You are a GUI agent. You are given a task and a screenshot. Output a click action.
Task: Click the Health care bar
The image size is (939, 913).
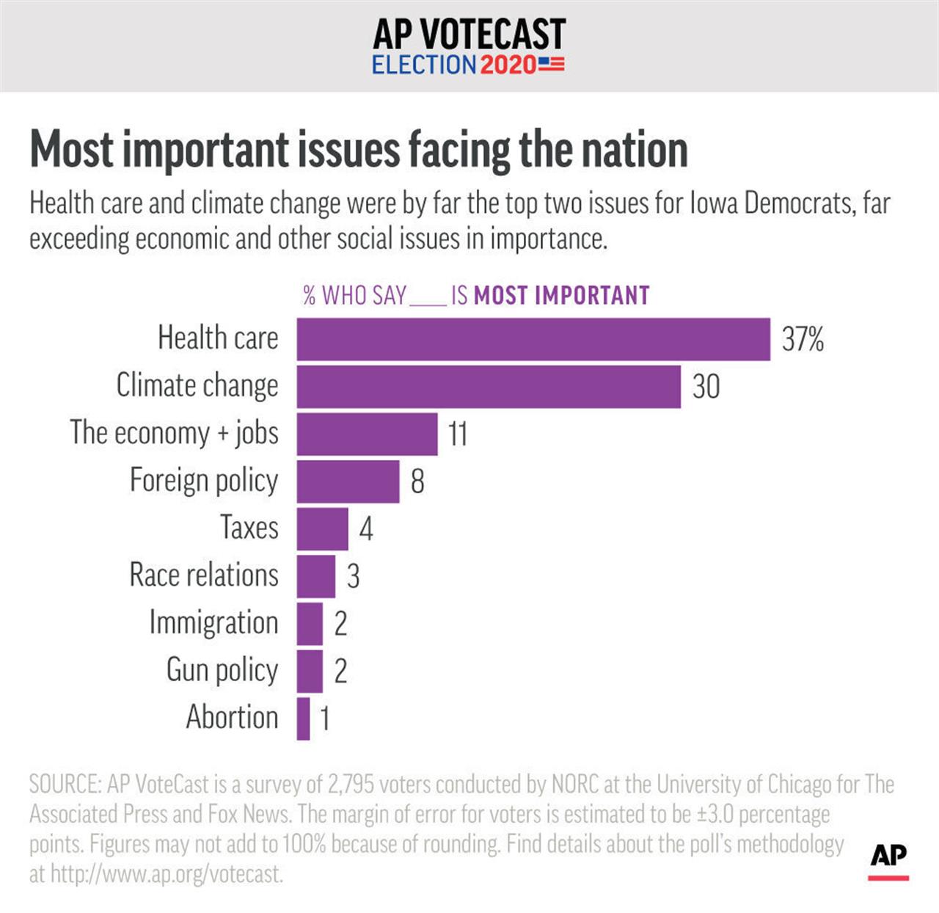tap(533, 339)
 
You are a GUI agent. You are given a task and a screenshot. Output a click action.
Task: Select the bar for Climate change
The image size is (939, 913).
tap(489, 387)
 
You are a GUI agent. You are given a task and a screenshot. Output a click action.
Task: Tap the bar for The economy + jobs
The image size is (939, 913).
tap(367, 434)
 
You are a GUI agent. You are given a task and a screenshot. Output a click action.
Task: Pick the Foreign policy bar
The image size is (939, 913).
tap(348, 481)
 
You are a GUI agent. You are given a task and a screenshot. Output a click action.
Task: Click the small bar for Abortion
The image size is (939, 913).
tap(303, 719)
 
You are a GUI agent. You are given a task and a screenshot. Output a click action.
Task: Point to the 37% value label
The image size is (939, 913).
tap(803, 339)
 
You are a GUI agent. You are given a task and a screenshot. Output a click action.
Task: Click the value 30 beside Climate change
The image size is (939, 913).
tap(706, 387)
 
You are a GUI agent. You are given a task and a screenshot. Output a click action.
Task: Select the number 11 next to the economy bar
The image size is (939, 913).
tap(458, 434)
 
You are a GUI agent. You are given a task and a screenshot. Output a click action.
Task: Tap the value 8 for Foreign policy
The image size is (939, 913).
tap(417, 481)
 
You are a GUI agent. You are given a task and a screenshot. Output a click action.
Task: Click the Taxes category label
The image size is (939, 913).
tap(249, 528)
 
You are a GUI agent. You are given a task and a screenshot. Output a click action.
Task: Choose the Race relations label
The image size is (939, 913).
tap(204, 575)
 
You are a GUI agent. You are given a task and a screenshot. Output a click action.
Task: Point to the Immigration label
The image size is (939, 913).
tap(213, 622)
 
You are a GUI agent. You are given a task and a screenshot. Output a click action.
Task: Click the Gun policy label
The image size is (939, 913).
tap(222, 670)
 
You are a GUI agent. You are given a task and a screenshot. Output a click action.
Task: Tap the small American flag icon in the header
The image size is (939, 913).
tap(552, 64)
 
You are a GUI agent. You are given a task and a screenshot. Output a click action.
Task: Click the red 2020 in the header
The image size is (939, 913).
tap(508, 65)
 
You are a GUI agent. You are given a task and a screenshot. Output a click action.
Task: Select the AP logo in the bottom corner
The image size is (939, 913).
tap(888, 857)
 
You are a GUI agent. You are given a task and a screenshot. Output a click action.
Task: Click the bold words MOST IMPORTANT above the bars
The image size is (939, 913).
tap(562, 296)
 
